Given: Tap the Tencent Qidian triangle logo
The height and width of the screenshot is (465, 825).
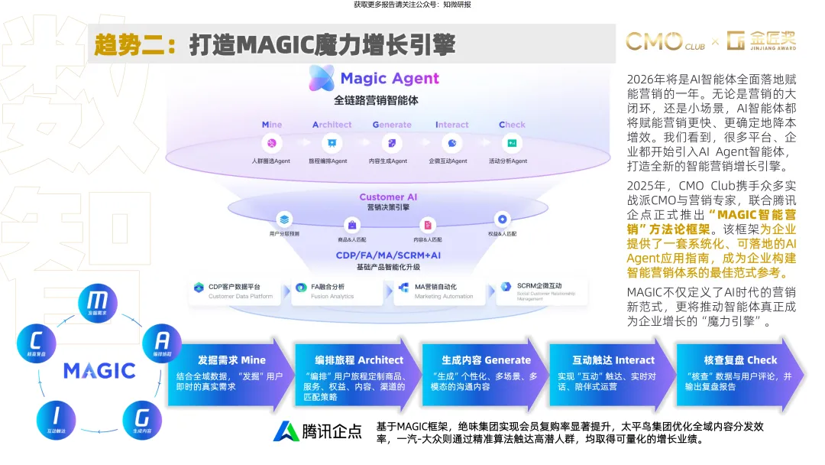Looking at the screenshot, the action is click(287, 431).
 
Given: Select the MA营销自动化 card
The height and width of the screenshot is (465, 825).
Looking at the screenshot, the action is click(439, 291).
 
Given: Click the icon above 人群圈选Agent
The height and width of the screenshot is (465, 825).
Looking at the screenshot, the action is click(272, 143).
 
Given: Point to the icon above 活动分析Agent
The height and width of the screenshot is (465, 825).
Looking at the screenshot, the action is click(512, 143).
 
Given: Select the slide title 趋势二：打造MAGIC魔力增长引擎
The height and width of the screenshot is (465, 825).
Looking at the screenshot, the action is click(275, 45).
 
